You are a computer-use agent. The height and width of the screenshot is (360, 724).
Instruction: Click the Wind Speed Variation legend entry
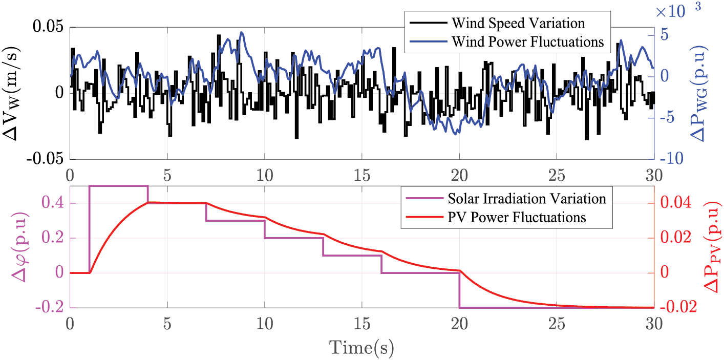click(x=518, y=24)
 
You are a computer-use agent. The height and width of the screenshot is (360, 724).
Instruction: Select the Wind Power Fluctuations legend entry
click(x=528, y=41)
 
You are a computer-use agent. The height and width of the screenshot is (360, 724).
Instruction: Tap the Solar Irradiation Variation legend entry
click(x=527, y=199)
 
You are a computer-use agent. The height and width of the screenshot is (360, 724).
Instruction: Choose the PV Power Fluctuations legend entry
click(x=517, y=217)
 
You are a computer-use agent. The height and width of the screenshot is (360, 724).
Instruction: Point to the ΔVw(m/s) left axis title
click(x=14, y=92)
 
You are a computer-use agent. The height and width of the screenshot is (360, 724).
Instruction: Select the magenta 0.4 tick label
click(x=54, y=203)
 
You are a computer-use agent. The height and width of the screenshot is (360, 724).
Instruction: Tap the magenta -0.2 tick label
click(x=52, y=307)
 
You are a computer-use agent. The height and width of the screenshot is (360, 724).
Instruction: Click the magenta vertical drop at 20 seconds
click(x=459, y=290)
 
